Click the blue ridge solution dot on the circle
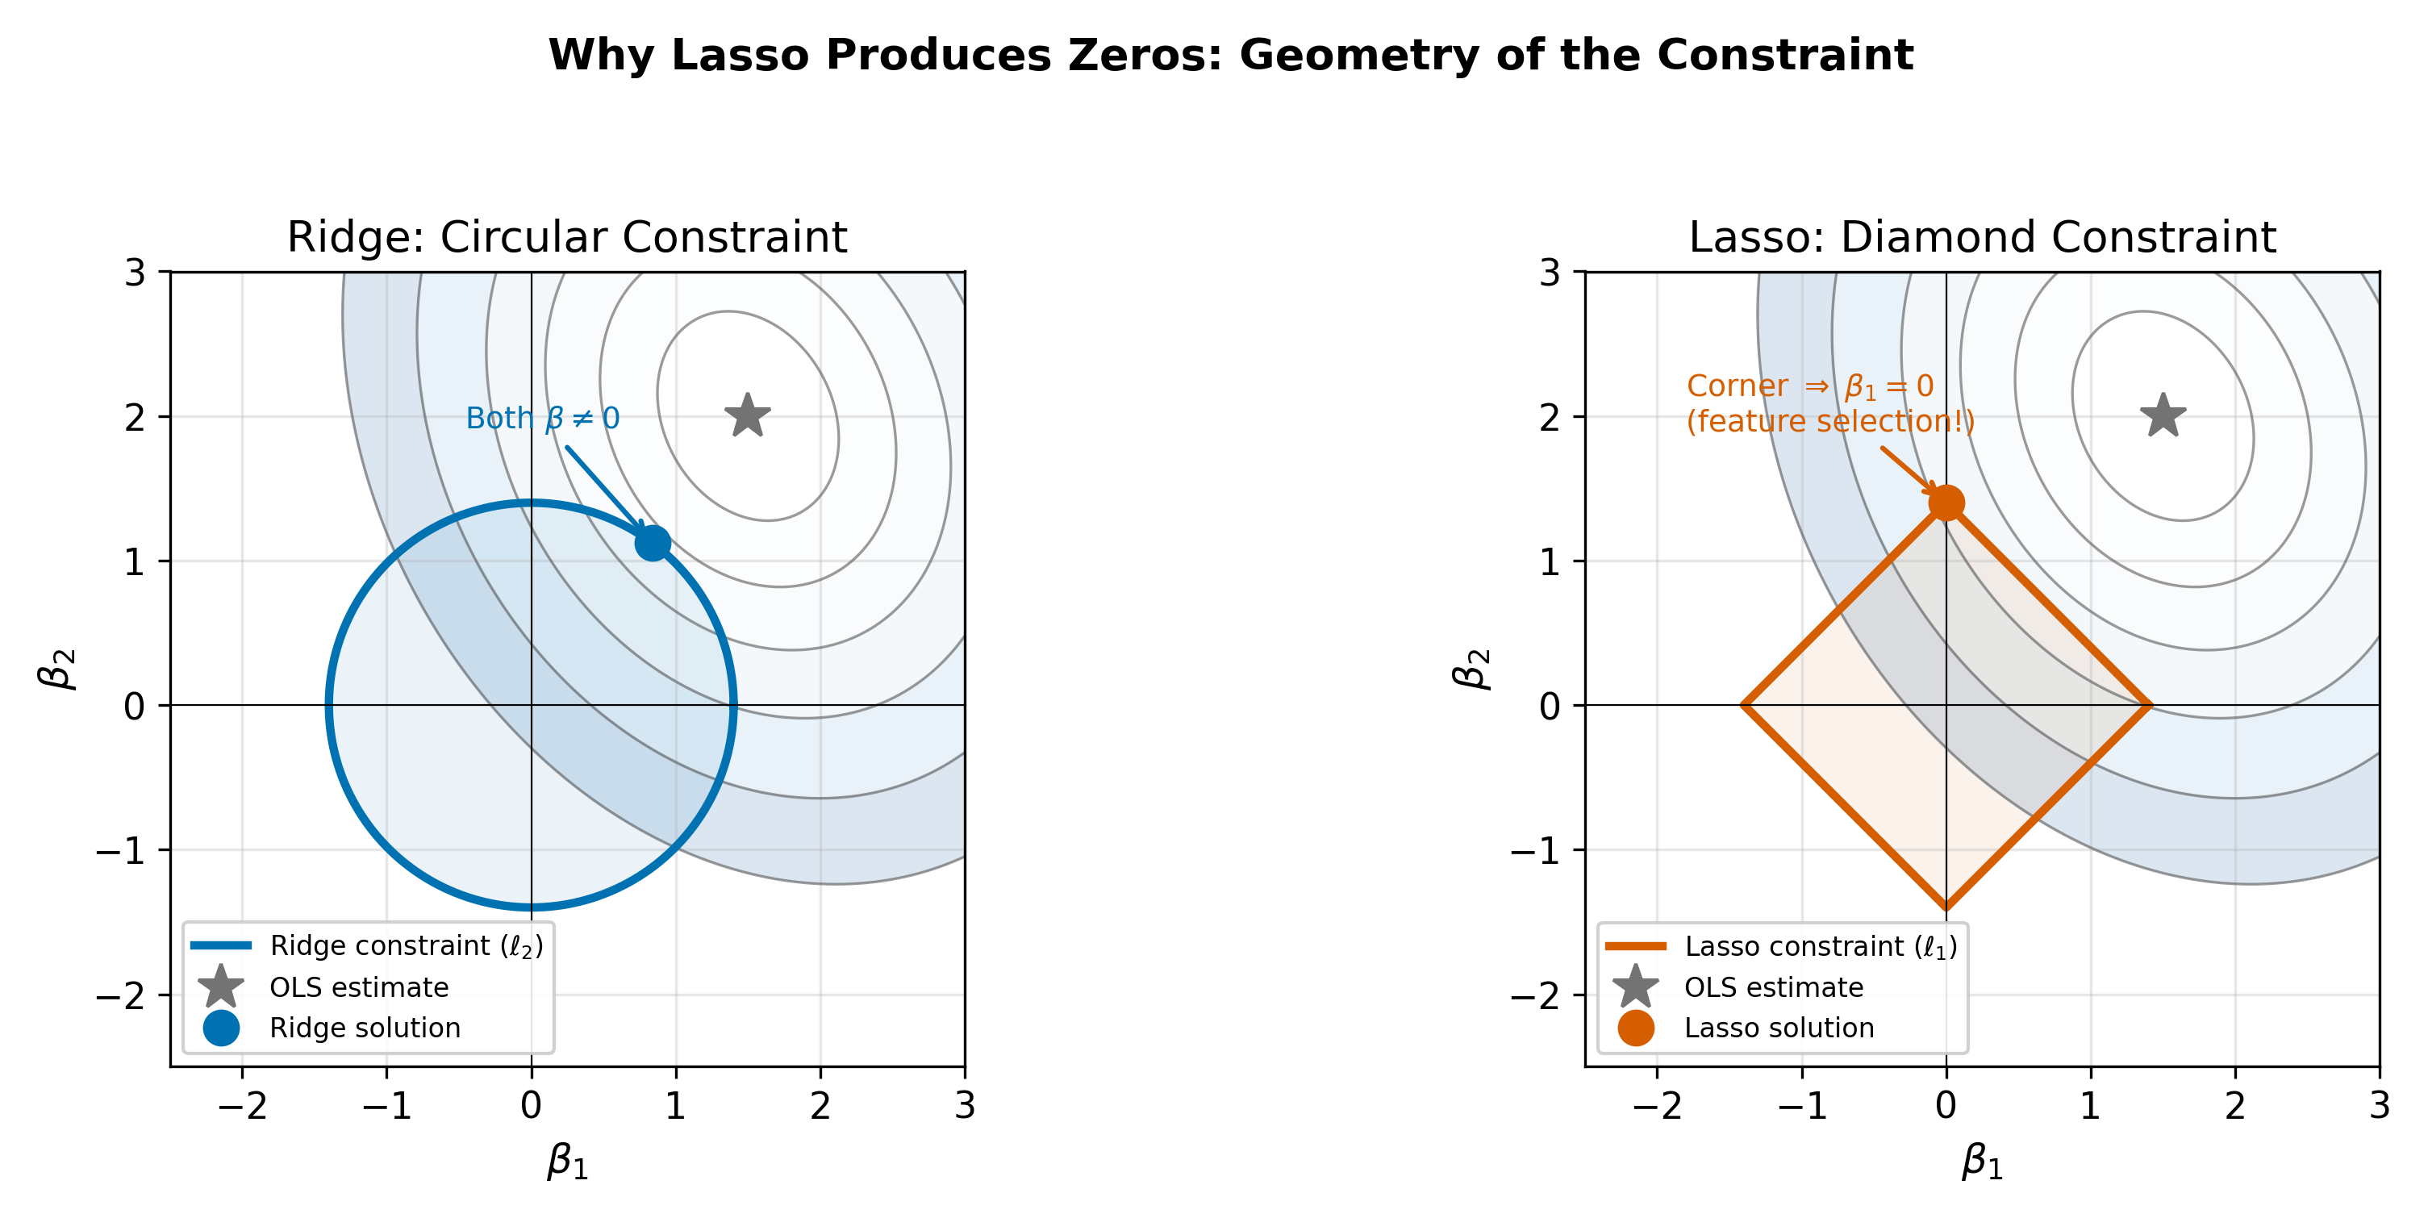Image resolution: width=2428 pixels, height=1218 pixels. click(653, 543)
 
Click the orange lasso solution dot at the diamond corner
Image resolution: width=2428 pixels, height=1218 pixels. click(1946, 503)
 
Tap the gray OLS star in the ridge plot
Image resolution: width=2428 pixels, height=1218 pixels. click(748, 415)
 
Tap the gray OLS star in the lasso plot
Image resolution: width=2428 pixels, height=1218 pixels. click(2163, 415)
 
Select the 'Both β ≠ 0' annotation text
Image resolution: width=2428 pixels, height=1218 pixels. click(543, 418)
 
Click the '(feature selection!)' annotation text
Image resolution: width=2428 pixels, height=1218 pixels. click(1829, 421)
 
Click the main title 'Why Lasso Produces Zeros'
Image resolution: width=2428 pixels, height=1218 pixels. click(1231, 55)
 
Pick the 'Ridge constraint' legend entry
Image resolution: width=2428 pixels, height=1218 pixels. click(405, 945)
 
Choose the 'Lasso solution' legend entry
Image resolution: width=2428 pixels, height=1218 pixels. click(1779, 1028)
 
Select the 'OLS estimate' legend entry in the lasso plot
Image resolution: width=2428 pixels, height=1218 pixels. click(1773, 987)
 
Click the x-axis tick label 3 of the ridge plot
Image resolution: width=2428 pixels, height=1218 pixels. click(964, 1106)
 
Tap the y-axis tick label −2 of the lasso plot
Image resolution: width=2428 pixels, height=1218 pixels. click(1535, 995)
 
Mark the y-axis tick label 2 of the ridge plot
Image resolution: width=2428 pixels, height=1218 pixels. click(135, 418)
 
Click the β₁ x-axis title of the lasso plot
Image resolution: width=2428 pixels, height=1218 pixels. click(1982, 1162)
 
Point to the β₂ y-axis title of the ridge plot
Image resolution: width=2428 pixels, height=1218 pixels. click(58, 669)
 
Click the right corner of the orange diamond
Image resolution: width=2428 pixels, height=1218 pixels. click(2149, 705)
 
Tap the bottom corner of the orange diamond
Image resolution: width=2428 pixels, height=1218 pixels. click(1946, 907)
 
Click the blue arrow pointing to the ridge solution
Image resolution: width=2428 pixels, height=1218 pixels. click(603, 486)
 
